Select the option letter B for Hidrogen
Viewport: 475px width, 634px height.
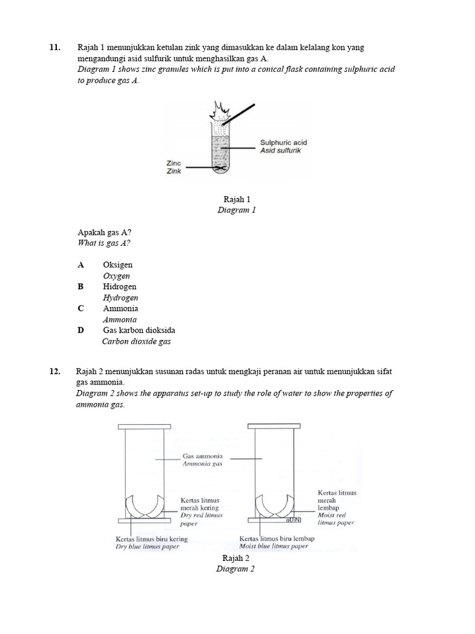(80, 287)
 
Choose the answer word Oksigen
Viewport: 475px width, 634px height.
(118, 265)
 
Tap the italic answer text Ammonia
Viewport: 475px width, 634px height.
(120, 319)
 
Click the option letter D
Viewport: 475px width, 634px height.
(80, 330)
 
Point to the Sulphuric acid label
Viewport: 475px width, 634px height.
(283, 142)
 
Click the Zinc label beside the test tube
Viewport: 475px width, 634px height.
(173, 162)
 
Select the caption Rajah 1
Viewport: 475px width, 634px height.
(236, 199)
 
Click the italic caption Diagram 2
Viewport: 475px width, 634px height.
(235, 569)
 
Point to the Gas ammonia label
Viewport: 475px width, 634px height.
(202, 456)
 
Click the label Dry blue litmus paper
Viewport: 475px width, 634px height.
(151, 547)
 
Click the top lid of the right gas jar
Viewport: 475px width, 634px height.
(269, 426)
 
